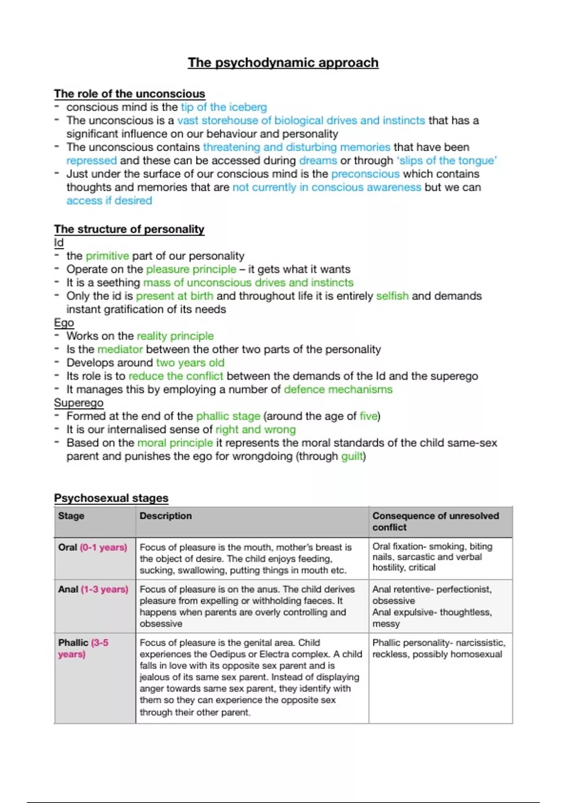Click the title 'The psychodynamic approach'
pos(283,63)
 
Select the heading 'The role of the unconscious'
pos(129,94)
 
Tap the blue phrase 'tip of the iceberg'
pos(223,107)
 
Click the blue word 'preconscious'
pos(365,174)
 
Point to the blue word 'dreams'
pos(318,161)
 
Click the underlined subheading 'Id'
pos(59,242)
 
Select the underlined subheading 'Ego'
pos(64,323)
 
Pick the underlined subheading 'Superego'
pos(78,403)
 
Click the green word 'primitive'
pos(107,256)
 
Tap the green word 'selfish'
pos(392,296)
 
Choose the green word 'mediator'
pos(120,350)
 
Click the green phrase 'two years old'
pos(190,363)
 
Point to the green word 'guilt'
pos(352,456)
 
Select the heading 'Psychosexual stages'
pos(111,498)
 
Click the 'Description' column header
pos(165,516)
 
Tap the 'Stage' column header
pos(71,516)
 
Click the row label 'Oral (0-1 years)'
pos(93,547)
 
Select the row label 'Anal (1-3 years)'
pos(93,589)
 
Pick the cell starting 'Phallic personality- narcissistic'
pos(438,649)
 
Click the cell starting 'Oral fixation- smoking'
pos(432,557)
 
